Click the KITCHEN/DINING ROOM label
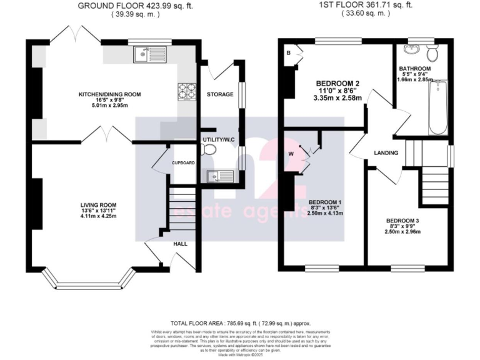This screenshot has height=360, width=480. coord(109,94)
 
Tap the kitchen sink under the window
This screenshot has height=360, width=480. coord(143,56)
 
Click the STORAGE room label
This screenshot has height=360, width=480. coord(219,94)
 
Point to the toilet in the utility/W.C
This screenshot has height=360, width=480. coord(209,149)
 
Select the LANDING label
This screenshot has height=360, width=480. coord(387,152)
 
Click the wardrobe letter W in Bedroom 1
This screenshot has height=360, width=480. coord(291,154)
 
